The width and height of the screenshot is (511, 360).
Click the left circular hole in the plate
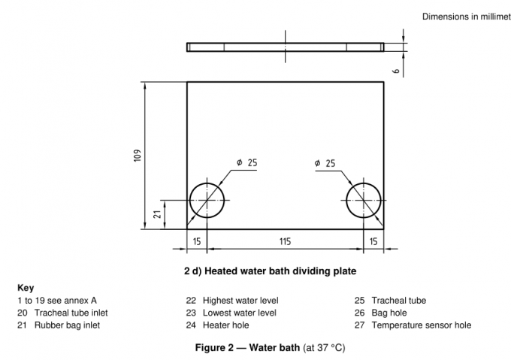point(207,200)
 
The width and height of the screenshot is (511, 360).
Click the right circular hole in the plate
point(363,200)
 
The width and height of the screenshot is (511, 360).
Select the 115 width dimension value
point(285,241)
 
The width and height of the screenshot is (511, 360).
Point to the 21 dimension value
point(158,213)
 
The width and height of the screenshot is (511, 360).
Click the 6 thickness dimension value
point(395,69)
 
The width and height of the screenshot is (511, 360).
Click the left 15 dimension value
point(196,241)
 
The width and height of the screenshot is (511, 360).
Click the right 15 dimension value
point(373,241)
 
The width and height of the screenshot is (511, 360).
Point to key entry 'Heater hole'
point(218,325)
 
